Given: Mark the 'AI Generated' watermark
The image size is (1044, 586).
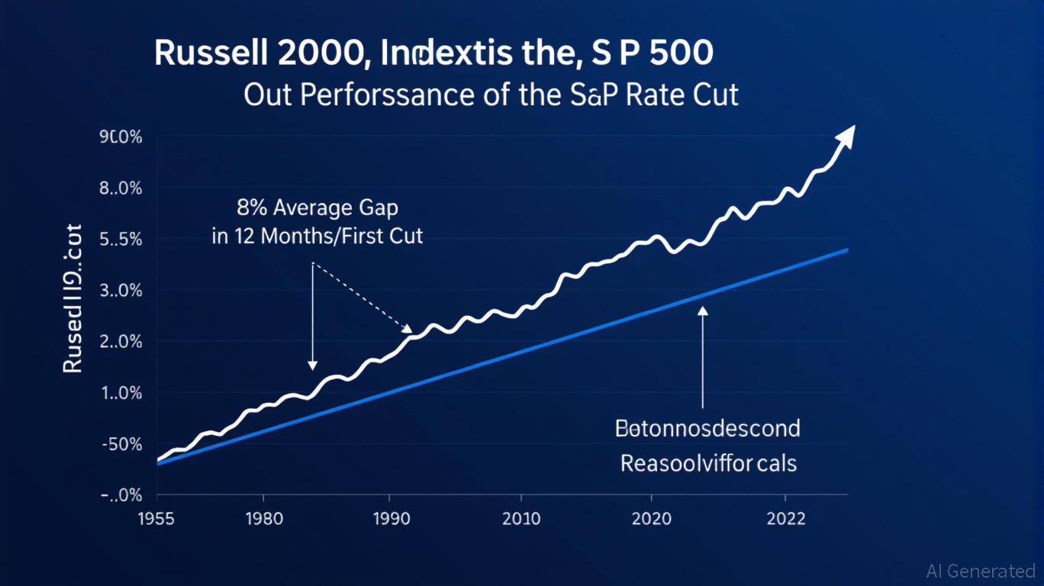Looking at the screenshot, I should pos(981,571).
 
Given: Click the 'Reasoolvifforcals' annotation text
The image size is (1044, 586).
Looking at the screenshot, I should pos(708,462).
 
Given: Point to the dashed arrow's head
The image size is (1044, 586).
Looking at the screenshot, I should pos(408,329).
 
